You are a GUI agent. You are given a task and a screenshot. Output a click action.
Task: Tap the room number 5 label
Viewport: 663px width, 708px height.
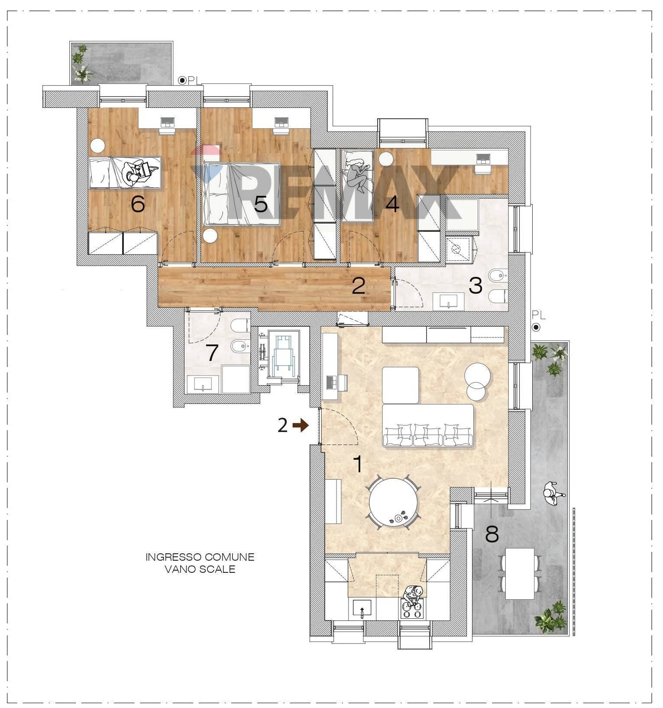261,204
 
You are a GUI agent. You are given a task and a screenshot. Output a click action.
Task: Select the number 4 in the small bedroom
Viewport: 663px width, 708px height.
392,204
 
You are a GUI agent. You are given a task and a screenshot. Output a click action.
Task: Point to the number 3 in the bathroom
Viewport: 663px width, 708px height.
475,286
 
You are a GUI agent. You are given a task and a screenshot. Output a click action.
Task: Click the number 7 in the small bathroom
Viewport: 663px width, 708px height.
212,353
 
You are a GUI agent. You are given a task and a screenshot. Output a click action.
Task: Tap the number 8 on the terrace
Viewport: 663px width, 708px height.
492,535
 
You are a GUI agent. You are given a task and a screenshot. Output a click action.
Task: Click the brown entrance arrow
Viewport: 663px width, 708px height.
301,426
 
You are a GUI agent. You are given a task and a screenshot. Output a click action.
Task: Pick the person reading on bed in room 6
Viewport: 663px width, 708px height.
137,172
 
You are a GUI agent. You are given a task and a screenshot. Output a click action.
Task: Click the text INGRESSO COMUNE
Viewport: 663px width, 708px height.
200,557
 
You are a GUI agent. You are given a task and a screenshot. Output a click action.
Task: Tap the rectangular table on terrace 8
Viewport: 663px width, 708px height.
520,574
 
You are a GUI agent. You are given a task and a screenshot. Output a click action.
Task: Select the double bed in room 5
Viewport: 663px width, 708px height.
241,194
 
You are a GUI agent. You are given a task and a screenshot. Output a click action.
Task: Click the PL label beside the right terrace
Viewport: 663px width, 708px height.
539,315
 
